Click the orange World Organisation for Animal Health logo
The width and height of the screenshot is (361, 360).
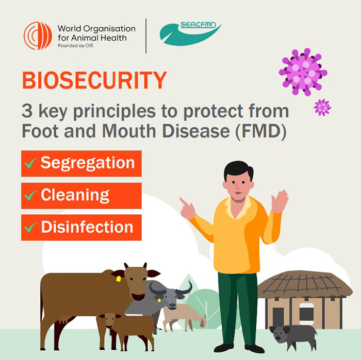[x=38, y=36]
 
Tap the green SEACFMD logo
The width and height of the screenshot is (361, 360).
[x=190, y=33]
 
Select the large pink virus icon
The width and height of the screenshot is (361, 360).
[x=303, y=72]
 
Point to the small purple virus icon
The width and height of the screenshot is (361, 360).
[x=322, y=107]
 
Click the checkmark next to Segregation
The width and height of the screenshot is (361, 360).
[x=30, y=163]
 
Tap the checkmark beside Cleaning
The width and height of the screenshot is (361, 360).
[x=30, y=195]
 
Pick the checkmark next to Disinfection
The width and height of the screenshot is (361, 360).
[x=30, y=227]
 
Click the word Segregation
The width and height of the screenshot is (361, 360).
[x=87, y=163]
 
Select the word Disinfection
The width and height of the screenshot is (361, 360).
[x=87, y=227]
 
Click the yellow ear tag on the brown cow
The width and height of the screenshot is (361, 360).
[x=118, y=279]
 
